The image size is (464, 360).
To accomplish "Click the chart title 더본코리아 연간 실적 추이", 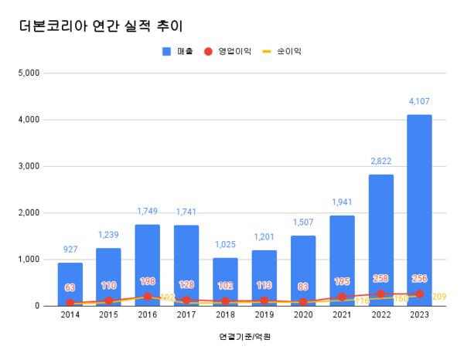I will [101, 25].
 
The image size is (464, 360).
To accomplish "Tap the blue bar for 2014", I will [70, 284].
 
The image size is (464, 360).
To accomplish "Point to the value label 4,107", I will [419, 101].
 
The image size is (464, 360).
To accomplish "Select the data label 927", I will [70, 249].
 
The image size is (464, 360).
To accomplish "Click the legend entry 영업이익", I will [230, 51].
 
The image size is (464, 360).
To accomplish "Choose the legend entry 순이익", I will [283, 51].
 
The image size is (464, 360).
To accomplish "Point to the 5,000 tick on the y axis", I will [28, 73].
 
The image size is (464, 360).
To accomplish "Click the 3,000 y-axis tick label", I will [28, 166].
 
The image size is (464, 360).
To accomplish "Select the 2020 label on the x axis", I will [302, 315].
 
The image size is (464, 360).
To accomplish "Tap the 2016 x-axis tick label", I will [147, 315].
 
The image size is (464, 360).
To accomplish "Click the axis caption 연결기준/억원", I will [244, 337].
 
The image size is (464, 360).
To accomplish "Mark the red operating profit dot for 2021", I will [342, 297].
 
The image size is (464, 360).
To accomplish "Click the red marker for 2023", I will [419, 294].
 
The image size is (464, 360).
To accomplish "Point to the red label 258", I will [380, 278].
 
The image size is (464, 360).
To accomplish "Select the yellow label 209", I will [438, 297].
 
